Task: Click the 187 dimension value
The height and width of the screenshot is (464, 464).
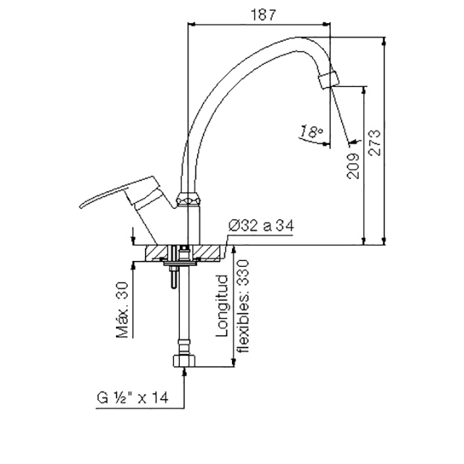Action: point(263,14)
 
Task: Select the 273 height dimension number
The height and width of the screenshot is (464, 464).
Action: point(374,143)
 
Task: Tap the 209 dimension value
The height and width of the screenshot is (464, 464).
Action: point(353,166)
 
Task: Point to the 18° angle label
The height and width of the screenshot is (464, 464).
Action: point(311,132)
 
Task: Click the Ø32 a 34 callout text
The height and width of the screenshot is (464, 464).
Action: point(261,225)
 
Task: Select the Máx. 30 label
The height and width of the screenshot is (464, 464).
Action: point(123,310)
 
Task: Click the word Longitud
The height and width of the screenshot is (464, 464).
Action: point(223,306)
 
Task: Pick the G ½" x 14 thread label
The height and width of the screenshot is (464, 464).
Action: point(133,397)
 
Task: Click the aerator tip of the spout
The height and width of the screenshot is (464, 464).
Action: point(329,79)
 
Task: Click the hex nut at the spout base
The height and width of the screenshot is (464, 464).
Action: point(188,199)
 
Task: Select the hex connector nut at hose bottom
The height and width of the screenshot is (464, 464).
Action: point(184,361)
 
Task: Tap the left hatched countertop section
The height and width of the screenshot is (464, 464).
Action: point(156,253)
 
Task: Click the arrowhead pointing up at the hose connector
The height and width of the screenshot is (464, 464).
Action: point(184,371)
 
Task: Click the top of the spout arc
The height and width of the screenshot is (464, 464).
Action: point(296,38)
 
